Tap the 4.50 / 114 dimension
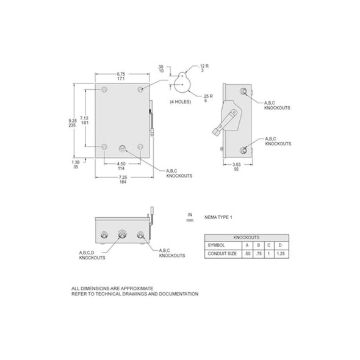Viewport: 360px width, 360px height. pyautogui.click(x=123, y=166)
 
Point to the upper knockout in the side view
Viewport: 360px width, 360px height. pyautogui.click(x=244, y=92)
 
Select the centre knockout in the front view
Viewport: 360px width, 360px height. pyautogui.click(x=124, y=148)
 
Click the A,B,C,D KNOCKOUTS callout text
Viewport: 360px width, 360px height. pyautogui.click(x=92, y=254)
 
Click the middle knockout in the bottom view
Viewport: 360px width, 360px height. pyautogui.click(x=122, y=233)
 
